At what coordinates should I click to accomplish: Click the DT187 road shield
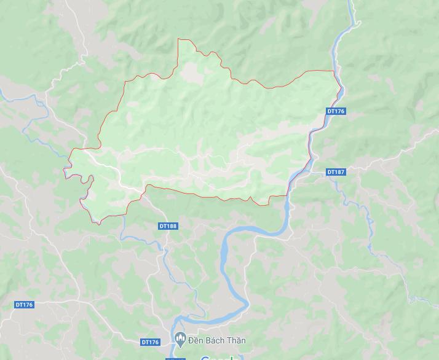click(336, 172)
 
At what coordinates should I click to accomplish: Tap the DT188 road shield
click(168, 226)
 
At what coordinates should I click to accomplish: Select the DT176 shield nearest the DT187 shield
click(336, 111)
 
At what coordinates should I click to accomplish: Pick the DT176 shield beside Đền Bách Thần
click(150, 342)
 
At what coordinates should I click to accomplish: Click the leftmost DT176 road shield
click(24, 305)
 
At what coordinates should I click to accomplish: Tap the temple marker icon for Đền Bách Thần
click(180, 338)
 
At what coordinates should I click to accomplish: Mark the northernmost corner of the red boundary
click(178, 39)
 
